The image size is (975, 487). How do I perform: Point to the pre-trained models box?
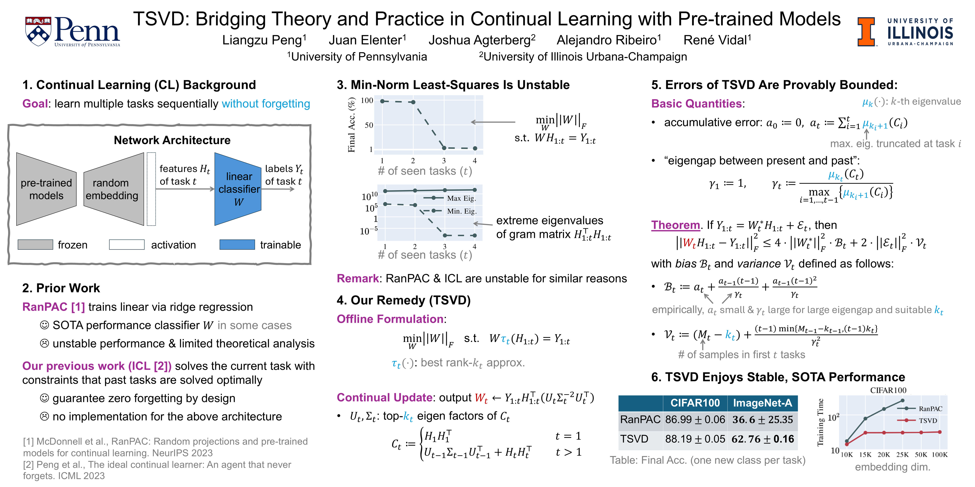point(46,189)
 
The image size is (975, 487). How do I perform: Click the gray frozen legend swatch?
point(35,245)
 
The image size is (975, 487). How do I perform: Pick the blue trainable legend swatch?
point(237,245)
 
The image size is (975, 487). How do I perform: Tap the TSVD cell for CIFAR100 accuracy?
point(695,439)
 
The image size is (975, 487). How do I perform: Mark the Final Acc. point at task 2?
point(413,102)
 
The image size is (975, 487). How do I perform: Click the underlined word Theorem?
point(675,225)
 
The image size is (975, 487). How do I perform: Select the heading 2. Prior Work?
point(61,288)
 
